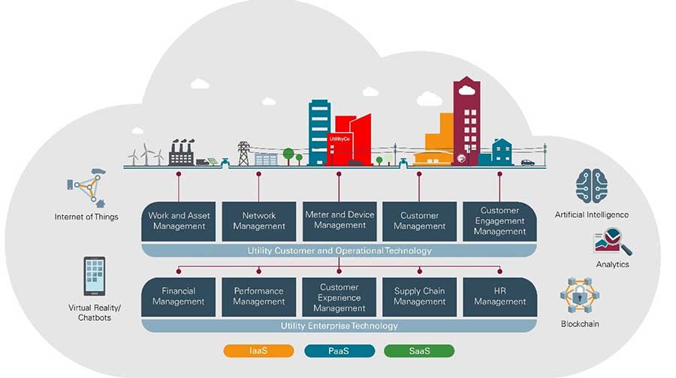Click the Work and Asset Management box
click(179, 220)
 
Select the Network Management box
click(258, 220)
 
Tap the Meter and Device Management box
click(340, 220)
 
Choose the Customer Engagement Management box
click(499, 220)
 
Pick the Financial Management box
click(179, 296)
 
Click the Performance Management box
click(258, 296)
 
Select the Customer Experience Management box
click(340, 297)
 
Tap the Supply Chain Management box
click(419, 296)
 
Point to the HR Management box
click(499, 296)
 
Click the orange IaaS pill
click(258, 350)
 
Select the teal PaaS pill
click(339, 350)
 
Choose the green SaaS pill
click(418, 350)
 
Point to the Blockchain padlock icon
click(580, 296)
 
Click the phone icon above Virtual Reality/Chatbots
click(95, 276)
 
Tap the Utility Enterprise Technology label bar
click(339, 326)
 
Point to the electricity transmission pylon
click(243, 153)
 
